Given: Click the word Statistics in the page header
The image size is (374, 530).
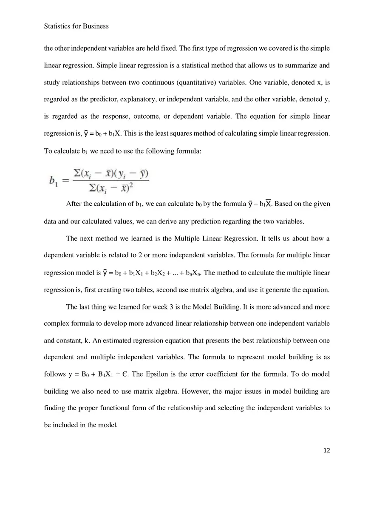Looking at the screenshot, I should [x=57, y=26].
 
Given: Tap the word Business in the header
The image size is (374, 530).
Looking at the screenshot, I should [x=96, y=26].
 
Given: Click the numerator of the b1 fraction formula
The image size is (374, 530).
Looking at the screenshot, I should [x=111, y=174].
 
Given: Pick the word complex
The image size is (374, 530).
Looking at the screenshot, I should [x=56, y=324].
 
